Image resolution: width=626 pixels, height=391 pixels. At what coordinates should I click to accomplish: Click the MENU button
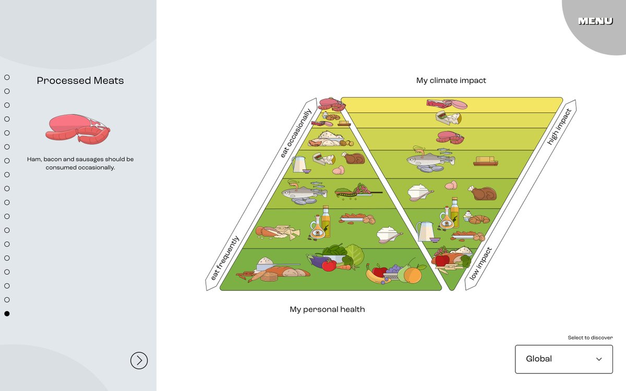[x=595, y=21]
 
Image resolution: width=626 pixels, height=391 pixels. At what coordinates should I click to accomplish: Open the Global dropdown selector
[x=563, y=359]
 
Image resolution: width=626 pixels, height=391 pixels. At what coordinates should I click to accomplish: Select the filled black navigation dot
[x=7, y=313]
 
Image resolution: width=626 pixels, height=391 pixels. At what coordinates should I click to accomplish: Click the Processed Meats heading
[x=80, y=81]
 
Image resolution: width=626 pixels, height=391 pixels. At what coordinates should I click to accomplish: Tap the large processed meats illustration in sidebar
[x=78, y=129]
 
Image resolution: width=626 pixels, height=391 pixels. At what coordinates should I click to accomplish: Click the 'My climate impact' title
[x=451, y=81]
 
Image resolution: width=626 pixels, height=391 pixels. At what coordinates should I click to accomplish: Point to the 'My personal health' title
[x=327, y=310]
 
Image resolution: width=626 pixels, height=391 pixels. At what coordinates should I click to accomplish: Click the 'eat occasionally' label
[x=296, y=133]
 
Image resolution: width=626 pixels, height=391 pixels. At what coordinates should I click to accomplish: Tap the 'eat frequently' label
[x=225, y=259]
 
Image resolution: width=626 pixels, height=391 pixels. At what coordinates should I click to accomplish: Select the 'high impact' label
[x=559, y=127]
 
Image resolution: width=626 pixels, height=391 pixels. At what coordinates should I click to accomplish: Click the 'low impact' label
[x=480, y=264]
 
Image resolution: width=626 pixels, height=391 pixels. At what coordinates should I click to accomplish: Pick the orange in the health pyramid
[x=413, y=275]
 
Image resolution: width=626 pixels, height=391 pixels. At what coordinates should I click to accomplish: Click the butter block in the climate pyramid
[x=485, y=161]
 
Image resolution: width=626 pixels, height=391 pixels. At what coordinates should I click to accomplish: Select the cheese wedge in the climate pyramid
[x=448, y=118]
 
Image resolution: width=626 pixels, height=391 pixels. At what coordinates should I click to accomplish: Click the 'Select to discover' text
[x=590, y=338]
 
